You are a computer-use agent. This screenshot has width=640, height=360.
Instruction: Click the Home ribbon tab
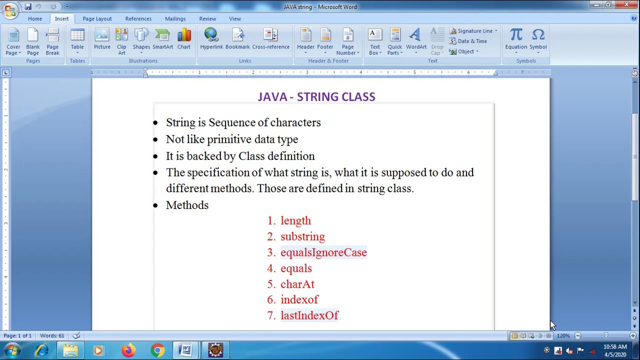[x=35, y=18]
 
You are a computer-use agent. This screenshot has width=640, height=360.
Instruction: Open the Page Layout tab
[x=97, y=18]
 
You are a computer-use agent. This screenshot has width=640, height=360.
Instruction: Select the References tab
[x=138, y=18]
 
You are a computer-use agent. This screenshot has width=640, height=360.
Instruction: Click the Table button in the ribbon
[x=77, y=40]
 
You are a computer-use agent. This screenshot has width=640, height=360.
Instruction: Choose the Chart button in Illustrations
[x=183, y=40]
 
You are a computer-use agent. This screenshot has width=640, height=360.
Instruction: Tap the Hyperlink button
[x=211, y=40]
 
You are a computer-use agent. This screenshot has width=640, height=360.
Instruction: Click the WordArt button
[x=416, y=40]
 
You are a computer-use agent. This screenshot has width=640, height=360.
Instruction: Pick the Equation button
[x=515, y=40]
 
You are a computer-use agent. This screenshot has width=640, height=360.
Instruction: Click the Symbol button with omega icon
[x=538, y=40]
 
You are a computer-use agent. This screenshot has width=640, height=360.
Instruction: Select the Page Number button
[x=347, y=41]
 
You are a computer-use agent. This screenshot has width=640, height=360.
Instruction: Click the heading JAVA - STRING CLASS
[x=316, y=97]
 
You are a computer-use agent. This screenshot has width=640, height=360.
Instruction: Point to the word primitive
[x=229, y=139]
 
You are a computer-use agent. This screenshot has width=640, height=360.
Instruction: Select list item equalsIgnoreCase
[x=323, y=252]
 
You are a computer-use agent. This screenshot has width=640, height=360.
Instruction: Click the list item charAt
[x=297, y=284]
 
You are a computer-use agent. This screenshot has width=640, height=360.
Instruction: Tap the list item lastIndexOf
[x=309, y=315]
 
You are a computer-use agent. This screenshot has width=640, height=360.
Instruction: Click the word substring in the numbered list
[x=302, y=236]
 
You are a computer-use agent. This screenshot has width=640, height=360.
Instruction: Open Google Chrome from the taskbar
[x=157, y=350]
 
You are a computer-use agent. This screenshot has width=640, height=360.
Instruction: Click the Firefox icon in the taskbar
[x=128, y=350]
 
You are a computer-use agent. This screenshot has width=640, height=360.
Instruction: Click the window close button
[x=626, y=5]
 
